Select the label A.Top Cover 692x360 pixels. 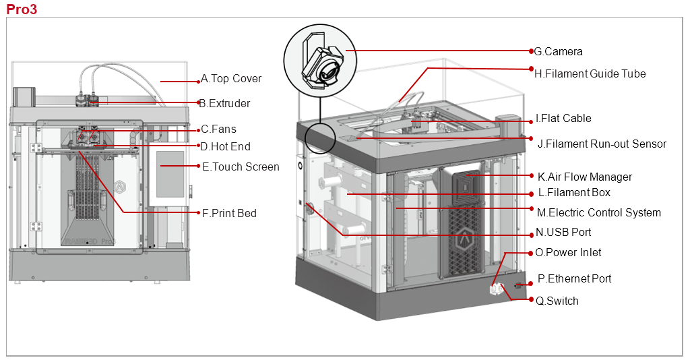tap(231, 79)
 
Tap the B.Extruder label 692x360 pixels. tap(224, 104)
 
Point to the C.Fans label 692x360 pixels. tap(219, 129)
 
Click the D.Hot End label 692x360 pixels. tap(226, 146)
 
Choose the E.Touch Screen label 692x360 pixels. tap(241, 167)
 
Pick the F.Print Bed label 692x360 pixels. tap(229, 213)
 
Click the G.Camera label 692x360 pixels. tap(558, 52)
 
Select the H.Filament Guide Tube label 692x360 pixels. tap(590, 74)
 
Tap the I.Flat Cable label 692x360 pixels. tap(563, 119)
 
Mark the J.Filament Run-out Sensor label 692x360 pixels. tap(602, 144)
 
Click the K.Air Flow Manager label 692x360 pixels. tap(585, 177)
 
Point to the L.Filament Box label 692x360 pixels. tap(574, 193)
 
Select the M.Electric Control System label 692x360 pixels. tap(598, 213)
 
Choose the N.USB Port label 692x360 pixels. tap(563, 233)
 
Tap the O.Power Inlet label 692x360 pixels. tap(568, 253)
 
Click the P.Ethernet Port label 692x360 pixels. tap(574, 279)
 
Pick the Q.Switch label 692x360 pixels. tap(557, 301)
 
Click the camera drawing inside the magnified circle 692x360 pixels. tap(324, 65)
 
